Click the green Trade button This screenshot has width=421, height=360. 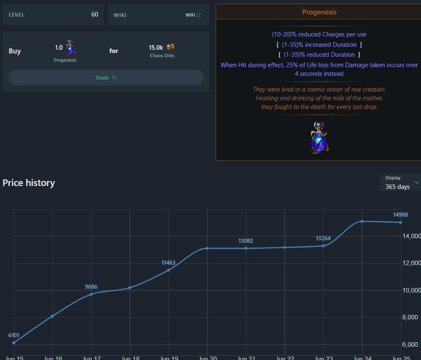point(106,77)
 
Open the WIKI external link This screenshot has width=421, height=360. point(193,15)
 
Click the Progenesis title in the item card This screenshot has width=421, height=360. point(319,12)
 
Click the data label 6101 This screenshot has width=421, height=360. point(14,335)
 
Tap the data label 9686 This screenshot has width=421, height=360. point(91,287)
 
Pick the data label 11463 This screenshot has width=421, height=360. point(168,263)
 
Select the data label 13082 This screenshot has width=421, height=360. point(245,241)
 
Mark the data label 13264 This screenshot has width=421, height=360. point(323,238)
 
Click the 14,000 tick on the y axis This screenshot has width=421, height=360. point(411,236)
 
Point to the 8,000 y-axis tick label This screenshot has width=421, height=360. point(411,317)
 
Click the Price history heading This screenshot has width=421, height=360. point(29,183)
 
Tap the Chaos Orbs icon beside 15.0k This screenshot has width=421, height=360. point(171,47)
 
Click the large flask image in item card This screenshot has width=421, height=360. point(319,138)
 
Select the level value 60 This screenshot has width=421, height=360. point(95,14)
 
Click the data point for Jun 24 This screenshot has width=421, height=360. point(362,221)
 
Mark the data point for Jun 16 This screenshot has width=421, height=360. point(53,316)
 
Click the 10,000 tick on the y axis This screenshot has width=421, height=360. point(411,290)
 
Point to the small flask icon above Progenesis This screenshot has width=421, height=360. point(70,48)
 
